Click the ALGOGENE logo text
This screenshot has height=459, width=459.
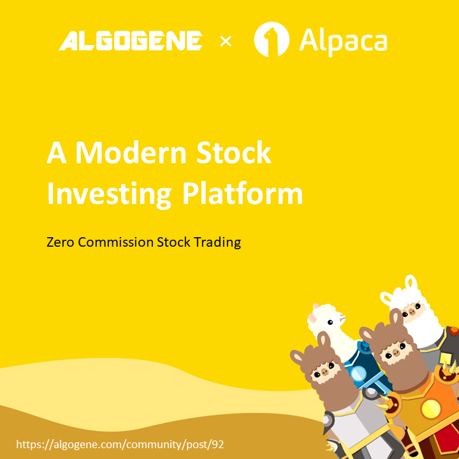[131, 41]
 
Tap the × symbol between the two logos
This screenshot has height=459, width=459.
[226, 41]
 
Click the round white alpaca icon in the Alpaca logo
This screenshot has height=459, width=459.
[272, 40]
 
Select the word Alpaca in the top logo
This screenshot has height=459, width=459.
[343, 42]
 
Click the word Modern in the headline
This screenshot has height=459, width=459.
[131, 153]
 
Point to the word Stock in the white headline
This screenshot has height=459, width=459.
[233, 153]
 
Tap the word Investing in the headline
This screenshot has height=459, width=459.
[109, 194]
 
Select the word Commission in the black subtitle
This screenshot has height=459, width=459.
[115, 242]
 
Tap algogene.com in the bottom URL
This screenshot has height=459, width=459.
[89, 445]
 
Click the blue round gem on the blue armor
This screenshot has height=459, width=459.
[358, 374]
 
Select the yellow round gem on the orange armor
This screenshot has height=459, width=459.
[430, 409]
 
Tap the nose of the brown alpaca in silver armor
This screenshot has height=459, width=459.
[324, 372]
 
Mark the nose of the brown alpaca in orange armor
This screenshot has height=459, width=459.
[395, 351]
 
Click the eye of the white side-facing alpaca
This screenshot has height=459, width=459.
[330, 323]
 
